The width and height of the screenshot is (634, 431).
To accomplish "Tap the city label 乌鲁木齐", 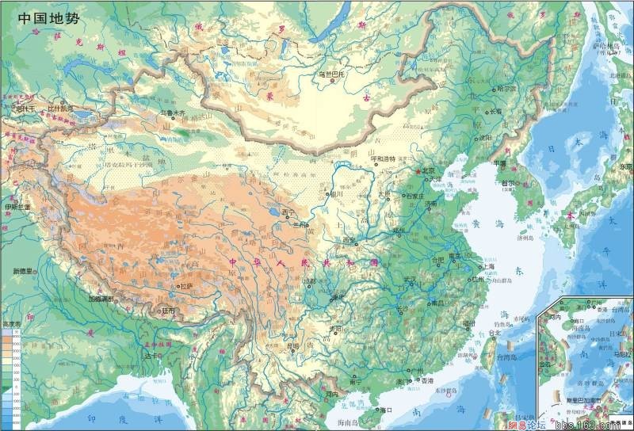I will (171, 113).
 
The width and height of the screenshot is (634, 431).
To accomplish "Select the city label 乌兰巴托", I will (334, 74).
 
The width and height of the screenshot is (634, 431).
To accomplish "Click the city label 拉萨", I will (186, 286).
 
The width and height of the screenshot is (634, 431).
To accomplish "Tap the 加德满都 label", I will (102, 300).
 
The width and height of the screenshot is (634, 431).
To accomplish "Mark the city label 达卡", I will (151, 356).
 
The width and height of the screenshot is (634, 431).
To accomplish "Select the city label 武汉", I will (410, 279).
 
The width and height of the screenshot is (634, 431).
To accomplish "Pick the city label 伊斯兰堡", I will (17, 207).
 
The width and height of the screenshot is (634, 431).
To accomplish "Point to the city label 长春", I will (495, 111).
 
